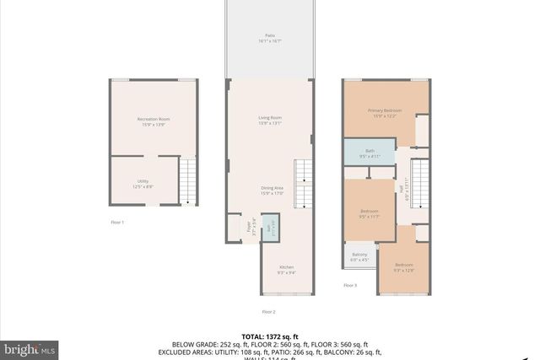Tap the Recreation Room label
pos(154,121)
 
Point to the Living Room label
pos(269,120)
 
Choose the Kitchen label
pos(287,270)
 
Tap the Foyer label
pos(250,227)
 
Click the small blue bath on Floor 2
pos(270,228)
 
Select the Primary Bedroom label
pos(384,113)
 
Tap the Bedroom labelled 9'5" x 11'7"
pos(370,213)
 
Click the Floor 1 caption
pos(117,222)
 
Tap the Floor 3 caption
pos(350,286)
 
